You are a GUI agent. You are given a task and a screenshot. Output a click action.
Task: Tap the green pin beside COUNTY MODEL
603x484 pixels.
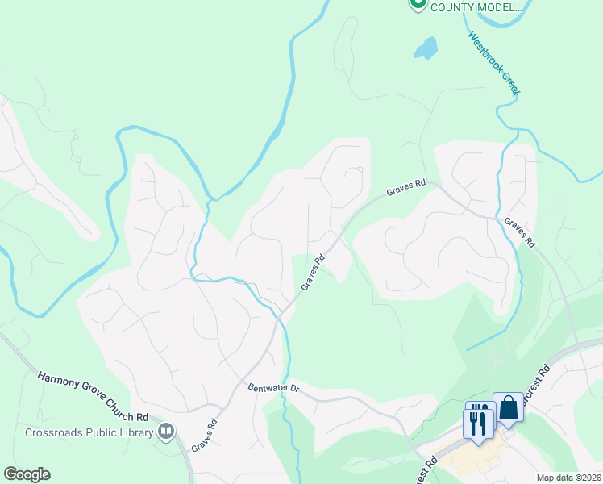[418, 4]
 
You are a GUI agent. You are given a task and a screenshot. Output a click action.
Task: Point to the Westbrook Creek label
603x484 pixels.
[494, 63]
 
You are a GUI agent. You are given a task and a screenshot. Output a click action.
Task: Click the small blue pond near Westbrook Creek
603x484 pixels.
[426, 48]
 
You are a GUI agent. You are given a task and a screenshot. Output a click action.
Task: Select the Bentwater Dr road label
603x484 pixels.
[274, 388]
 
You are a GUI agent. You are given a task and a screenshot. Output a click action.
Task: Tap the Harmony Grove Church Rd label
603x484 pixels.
[93, 396]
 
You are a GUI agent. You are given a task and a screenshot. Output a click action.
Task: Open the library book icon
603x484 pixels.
[167, 432]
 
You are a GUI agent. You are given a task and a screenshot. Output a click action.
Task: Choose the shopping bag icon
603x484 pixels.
[509, 408]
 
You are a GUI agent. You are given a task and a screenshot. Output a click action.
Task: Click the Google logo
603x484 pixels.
[27, 474]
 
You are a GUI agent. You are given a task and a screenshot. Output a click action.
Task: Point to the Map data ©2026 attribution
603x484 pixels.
[569, 478]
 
